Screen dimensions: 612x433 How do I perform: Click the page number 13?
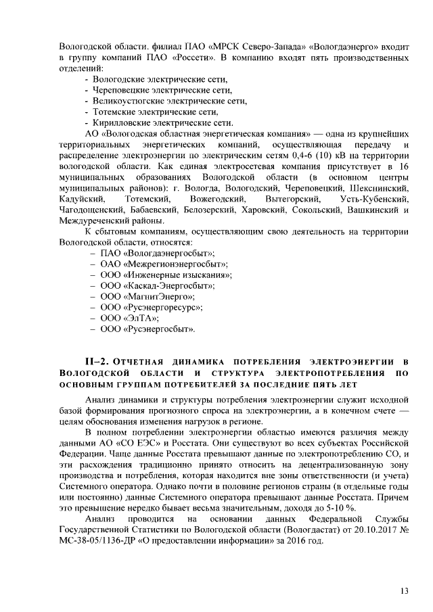(x=404, y=590)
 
